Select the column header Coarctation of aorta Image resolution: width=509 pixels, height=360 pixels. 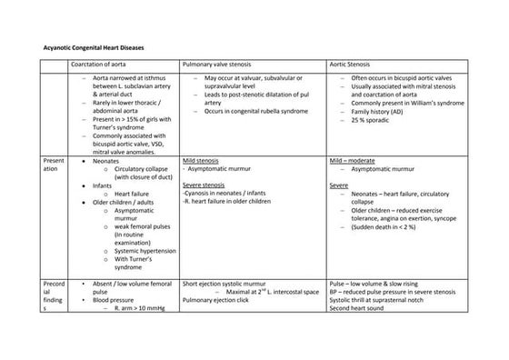click(102, 65)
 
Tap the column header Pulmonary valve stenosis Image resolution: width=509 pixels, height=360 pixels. click(222, 65)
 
